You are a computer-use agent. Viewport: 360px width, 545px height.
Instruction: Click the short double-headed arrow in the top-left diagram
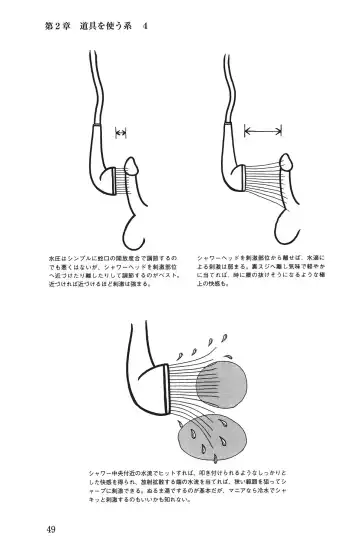point(122,132)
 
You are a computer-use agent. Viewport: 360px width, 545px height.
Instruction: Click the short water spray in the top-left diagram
point(130,184)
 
